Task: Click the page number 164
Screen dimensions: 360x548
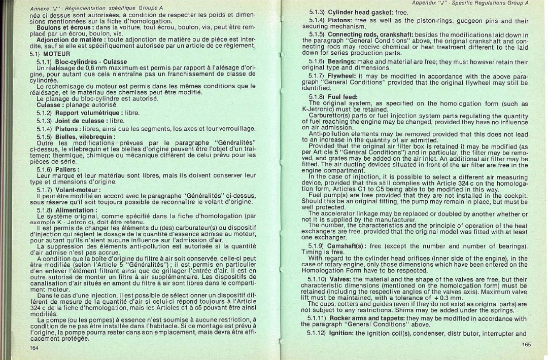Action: [x=35, y=347]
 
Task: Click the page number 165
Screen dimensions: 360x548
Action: [x=526, y=344]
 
